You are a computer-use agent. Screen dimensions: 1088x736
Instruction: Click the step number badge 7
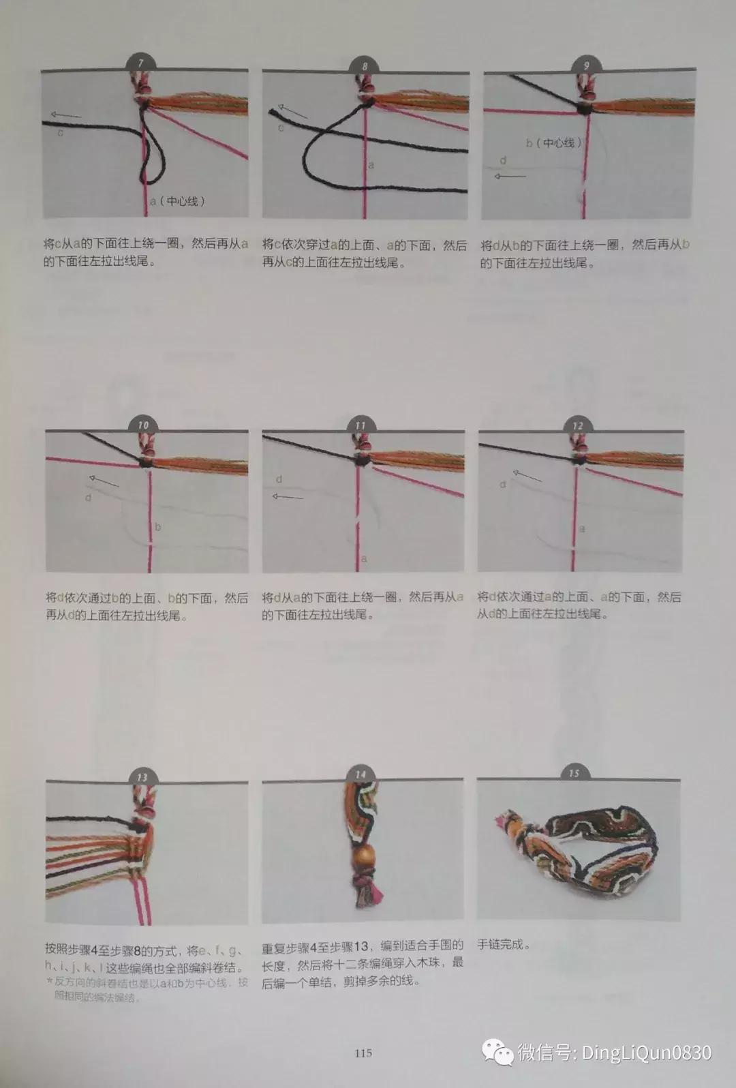tap(141, 64)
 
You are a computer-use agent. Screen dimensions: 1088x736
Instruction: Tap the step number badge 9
tap(586, 66)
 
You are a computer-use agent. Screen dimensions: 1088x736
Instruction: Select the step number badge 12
tap(578, 425)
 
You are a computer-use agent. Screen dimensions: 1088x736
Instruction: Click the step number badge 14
tap(361, 774)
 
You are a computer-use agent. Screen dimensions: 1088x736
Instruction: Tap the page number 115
tap(363, 1053)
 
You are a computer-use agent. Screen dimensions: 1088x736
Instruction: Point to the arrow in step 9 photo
tap(510, 177)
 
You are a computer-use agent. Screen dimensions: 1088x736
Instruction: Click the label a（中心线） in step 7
tap(177, 201)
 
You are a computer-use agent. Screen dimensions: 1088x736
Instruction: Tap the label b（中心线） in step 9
tap(553, 143)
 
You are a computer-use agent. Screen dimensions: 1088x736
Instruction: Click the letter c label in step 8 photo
tap(280, 127)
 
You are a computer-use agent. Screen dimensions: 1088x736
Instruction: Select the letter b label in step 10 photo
tap(158, 526)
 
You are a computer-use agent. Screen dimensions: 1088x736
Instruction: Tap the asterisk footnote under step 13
tap(147, 989)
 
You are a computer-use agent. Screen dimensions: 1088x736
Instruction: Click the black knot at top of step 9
tap(584, 108)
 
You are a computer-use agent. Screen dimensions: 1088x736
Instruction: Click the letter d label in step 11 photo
tap(279, 479)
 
